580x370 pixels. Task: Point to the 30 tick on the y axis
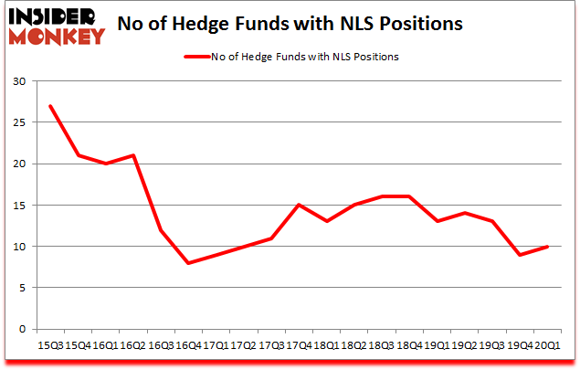tap(17, 81)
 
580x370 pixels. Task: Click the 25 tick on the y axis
tap(17, 122)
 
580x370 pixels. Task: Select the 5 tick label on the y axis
tap(21, 288)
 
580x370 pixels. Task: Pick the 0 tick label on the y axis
tap(21, 329)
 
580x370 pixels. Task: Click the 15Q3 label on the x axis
tap(49, 345)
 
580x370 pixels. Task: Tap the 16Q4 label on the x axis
tap(188, 345)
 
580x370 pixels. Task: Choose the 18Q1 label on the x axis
tap(327, 345)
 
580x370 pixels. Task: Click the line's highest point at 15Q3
tap(49, 106)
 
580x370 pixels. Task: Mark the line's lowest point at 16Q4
tap(188, 263)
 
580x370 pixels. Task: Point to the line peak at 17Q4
tap(299, 205)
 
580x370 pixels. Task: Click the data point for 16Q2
tap(132, 155)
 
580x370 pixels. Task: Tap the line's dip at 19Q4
tap(521, 255)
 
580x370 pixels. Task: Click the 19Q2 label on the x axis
tap(465, 345)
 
